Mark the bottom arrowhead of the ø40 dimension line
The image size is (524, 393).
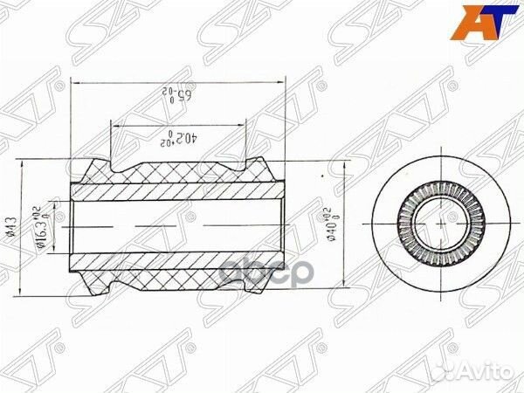351,285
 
